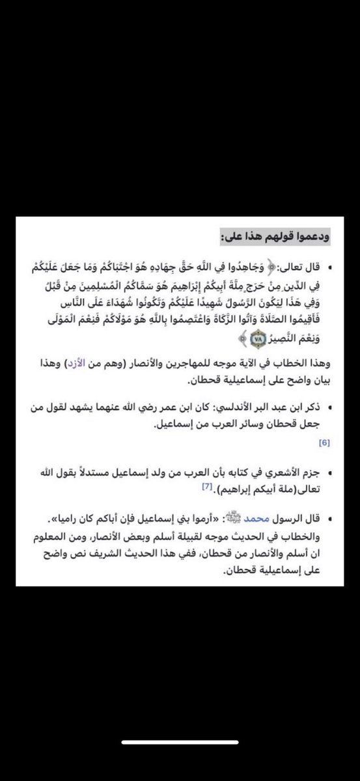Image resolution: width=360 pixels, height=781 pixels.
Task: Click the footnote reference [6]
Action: (325, 443)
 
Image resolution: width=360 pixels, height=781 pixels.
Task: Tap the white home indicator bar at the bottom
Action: (180, 760)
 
